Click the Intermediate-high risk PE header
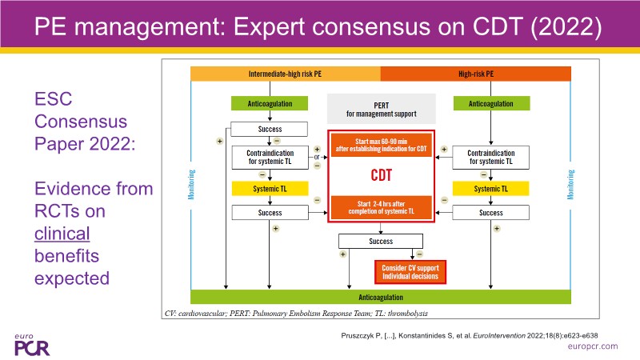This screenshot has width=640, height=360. tap(285, 74)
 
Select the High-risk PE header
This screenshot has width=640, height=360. tap(475, 74)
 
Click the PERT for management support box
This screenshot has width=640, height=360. tap(380, 108)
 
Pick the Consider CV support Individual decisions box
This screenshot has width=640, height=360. tap(410, 270)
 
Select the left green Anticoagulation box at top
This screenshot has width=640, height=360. tap(262, 103)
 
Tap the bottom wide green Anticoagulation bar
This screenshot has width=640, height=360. tap(380, 296)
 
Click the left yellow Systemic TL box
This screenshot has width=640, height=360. tap(262, 189)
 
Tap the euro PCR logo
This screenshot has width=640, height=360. tap(30, 342)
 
